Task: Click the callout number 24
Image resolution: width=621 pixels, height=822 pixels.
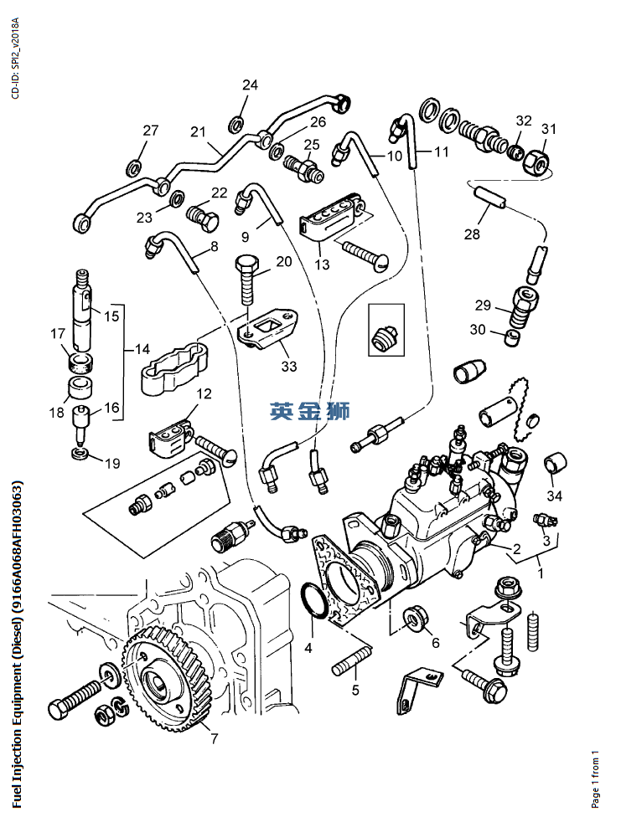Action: pos(251,85)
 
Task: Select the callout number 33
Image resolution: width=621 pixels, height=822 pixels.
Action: pos(289,366)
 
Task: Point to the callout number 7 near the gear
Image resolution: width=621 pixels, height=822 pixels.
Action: pos(214,738)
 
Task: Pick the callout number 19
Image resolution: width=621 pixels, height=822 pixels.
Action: pos(112,463)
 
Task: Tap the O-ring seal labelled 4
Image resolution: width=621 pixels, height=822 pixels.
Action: pos(311,600)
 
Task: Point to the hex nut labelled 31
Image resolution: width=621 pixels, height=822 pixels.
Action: pos(536,157)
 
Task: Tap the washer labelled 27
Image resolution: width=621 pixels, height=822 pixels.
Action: pos(133,168)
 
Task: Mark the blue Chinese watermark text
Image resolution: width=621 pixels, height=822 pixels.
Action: pos(310,411)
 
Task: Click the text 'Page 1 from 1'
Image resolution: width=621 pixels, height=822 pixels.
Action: pos(595,779)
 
